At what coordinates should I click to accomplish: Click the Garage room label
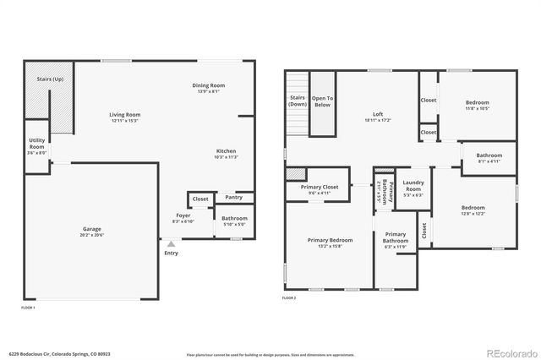click(91, 229)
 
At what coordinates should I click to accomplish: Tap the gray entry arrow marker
click(171, 243)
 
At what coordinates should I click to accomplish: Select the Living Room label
click(124, 114)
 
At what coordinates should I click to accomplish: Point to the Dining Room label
click(208, 85)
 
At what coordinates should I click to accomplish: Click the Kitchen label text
click(225, 150)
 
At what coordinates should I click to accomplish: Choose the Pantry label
click(234, 198)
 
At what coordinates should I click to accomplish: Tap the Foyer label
click(183, 215)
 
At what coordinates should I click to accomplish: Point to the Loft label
click(378, 114)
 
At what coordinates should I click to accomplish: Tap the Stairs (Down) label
click(298, 100)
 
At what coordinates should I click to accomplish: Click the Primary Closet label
click(319, 186)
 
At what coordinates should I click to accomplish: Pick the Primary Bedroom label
click(330, 240)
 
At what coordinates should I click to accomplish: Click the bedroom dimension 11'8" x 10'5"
click(478, 108)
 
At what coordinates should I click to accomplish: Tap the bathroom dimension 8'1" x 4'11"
click(489, 161)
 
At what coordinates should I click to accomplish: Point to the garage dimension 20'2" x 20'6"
click(91, 234)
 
